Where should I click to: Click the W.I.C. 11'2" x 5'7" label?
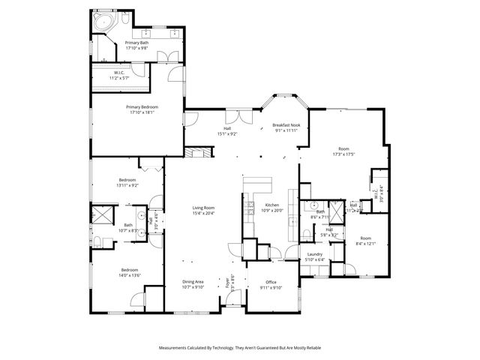click(x=120, y=74)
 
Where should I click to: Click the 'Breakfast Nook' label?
click(x=285, y=125)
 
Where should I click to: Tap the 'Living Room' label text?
click(x=203, y=208)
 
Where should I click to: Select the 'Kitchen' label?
click(x=271, y=205)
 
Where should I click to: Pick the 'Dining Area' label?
click(x=193, y=282)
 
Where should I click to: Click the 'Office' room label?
click(x=271, y=282)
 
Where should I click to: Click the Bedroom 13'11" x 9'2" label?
click(x=127, y=180)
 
